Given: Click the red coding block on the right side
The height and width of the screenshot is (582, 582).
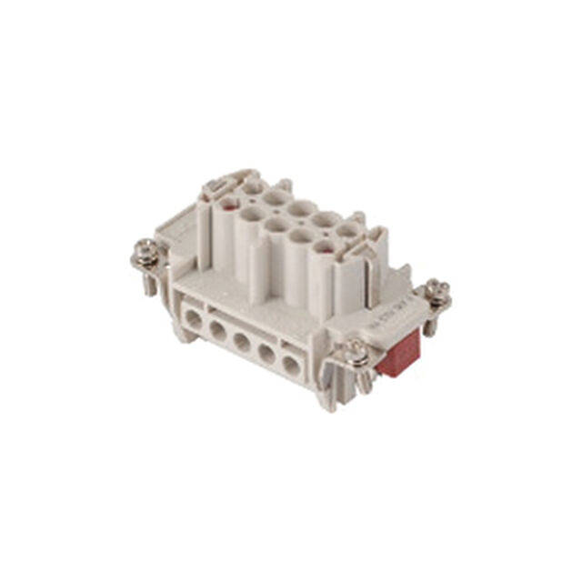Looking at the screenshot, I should [397, 354].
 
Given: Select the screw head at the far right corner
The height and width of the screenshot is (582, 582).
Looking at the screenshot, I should [437, 290].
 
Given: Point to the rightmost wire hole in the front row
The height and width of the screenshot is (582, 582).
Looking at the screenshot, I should [290, 366].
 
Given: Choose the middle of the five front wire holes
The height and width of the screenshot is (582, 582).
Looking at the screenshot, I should [241, 342].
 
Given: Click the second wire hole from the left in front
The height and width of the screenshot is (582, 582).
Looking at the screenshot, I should [217, 330].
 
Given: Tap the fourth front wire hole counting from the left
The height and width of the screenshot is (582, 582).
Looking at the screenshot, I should [266, 354].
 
